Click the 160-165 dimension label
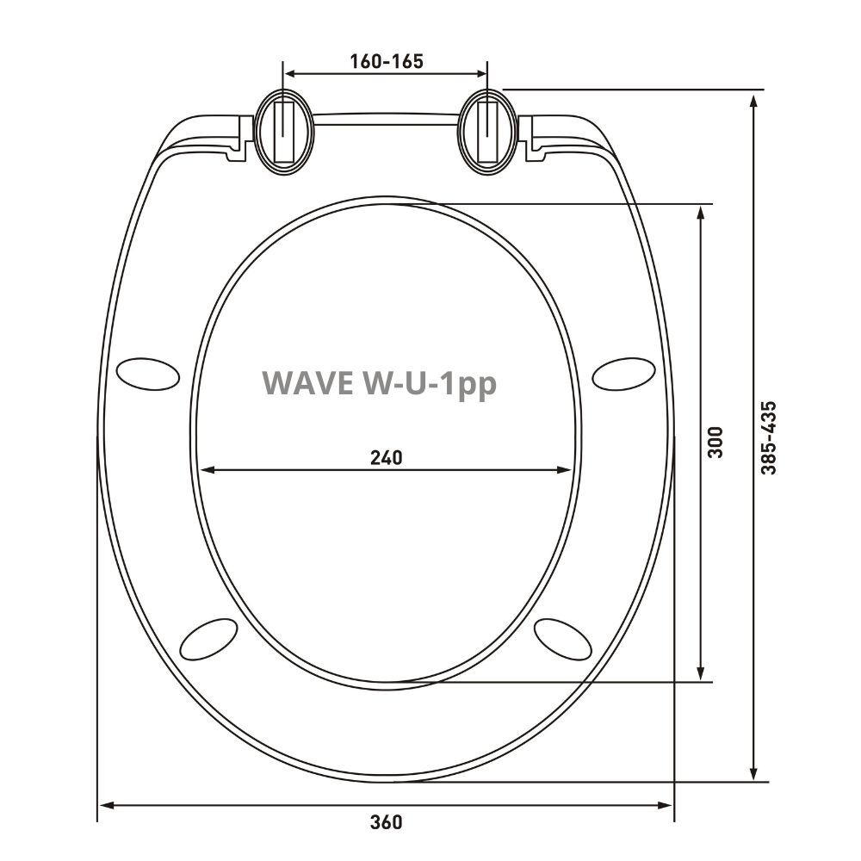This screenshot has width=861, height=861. pyautogui.click(x=387, y=61)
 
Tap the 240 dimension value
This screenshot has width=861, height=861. pyautogui.click(x=386, y=457)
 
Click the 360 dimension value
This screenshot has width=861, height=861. pyautogui.click(x=386, y=821)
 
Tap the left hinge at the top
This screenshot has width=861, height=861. pyautogui.click(x=283, y=132)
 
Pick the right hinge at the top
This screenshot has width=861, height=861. pyautogui.click(x=488, y=132)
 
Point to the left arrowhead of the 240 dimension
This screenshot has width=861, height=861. pyautogui.click(x=207, y=470)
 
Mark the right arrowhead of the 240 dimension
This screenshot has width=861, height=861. pyautogui.click(x=565, y=470)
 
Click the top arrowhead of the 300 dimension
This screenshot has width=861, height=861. pyautogui.click(x=702, y=212)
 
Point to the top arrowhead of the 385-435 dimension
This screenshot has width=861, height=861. pyautogui.click(x=754, y=98)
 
